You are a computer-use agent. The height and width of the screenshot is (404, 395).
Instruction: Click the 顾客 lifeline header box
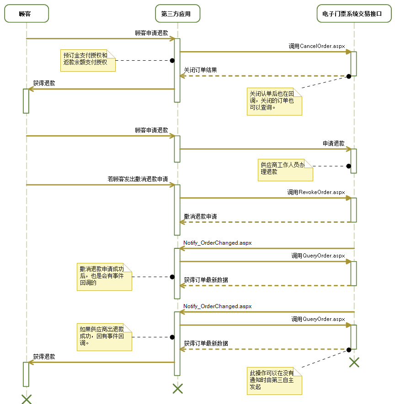pos(27,14)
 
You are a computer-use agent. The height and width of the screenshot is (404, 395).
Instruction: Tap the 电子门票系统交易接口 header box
pos(354,14)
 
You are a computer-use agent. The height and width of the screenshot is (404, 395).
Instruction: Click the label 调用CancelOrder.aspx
pos(316,46)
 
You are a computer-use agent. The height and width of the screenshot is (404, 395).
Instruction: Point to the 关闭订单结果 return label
pos(200,70)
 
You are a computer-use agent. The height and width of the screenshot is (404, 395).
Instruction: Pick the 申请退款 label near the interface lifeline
pos(333,143)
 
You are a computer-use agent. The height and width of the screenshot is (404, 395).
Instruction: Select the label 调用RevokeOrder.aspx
pos(316,192)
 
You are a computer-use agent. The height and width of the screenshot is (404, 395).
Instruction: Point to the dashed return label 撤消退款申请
pos(200,216)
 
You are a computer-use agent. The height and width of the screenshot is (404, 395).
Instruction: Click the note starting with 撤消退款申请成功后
pos(105,277)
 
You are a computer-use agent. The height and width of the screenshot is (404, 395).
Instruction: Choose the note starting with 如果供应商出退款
pos(104,337)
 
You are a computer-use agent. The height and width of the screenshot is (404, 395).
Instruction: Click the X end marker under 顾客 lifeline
pos(27,399)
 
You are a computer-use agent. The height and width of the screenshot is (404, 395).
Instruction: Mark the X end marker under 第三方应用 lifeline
pos(177,388)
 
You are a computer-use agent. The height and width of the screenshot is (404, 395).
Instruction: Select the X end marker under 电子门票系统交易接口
pos(354,362)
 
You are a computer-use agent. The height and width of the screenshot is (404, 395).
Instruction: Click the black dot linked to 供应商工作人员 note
pos(348,166)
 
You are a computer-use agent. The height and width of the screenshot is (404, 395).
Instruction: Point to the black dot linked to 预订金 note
pos(172,60)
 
